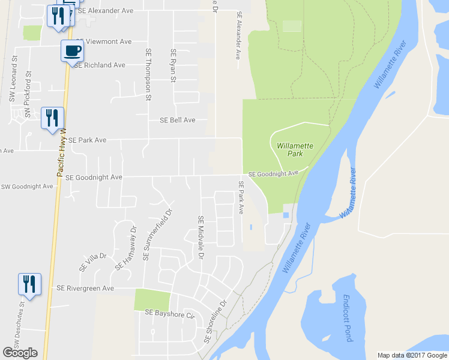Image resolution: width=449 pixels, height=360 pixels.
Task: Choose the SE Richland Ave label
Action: (x=99, y=65)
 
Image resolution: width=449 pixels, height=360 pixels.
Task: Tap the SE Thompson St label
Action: (x=148, y=70)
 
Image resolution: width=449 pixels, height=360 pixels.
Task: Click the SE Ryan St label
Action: (x=173, y=65)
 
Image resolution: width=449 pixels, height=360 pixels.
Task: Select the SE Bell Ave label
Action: (x=178, y=120)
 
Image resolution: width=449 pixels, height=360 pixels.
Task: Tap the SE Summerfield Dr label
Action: (x=156, y=235)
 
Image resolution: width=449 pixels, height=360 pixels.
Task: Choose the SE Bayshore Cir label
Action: (x=170, y=313)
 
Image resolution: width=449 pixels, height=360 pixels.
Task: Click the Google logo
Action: (x=20, y=353)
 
